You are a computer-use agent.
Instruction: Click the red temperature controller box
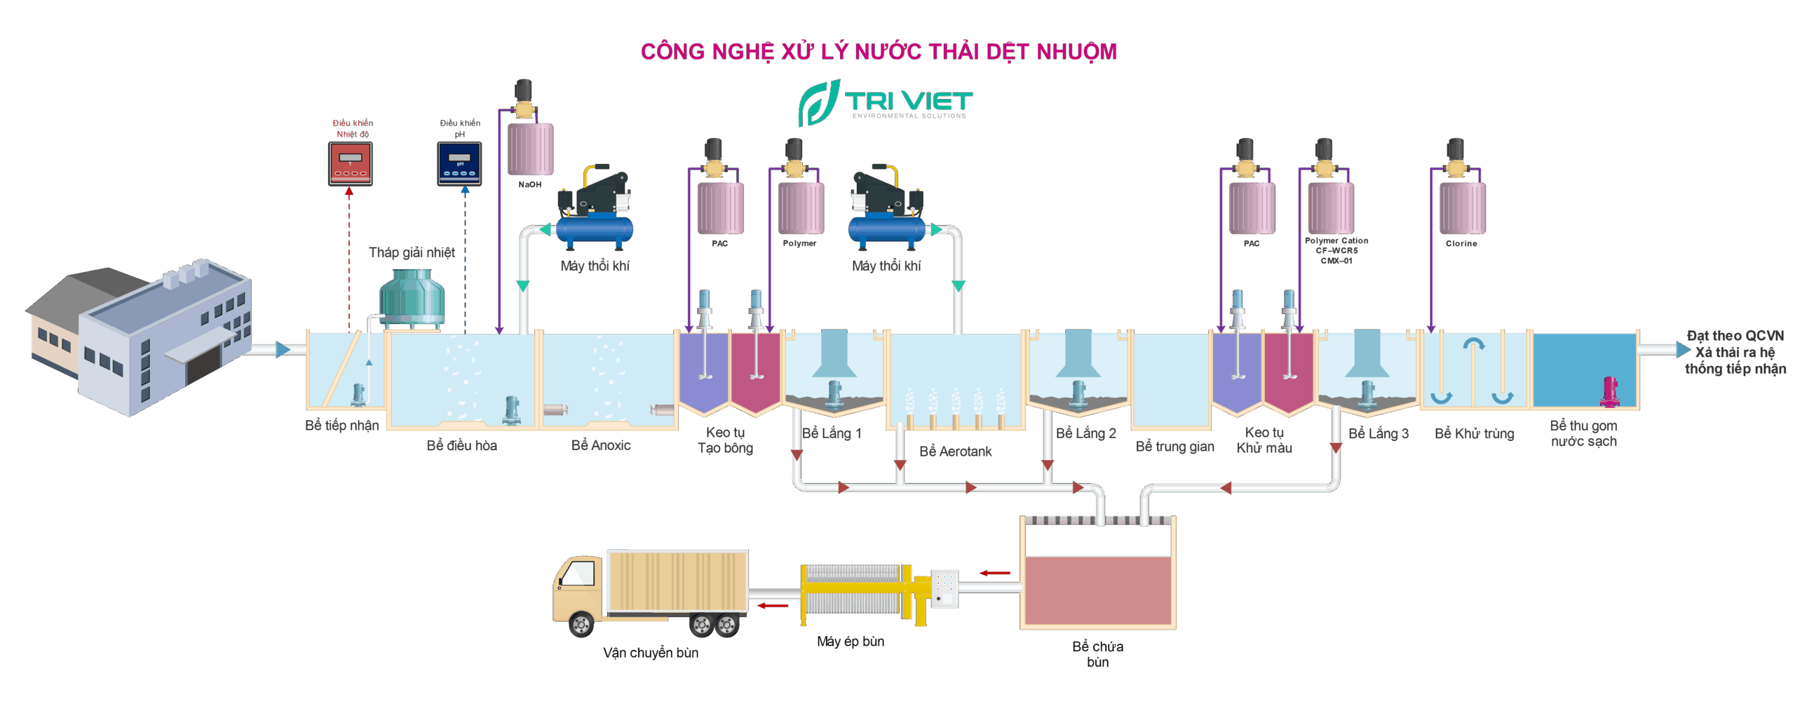pyautogui.click(x=351, y=163)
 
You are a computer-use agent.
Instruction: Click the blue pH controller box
pyautogui.click(x=459, y=163)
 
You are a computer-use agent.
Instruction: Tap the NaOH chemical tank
pyautogui.click(x=530, y=149)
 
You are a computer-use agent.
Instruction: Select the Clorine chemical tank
pyautogui.click(x=1462, y=208)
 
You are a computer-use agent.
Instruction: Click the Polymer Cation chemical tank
pyautogui.click(x=1330, y=208)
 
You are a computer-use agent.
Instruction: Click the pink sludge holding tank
pyautogui.click(x=1097, y=589)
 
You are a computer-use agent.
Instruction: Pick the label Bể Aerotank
pyautogui.click(x=955, y=452)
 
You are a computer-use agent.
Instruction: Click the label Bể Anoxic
pyautogui.click(x=601, y=445)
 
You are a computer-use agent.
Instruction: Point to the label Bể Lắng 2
pyautogui.click(x=1085, y=433)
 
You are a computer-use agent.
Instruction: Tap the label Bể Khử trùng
pyautogui.click(x=1474, y=433)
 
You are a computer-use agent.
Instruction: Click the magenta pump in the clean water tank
pyautogui.click(x=1609, y=391)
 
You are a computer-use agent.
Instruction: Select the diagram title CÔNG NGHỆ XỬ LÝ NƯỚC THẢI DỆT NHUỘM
pyautogui.click(x=879, y=51)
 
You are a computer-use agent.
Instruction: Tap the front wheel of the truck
pyautogui.click(x=580, y=623)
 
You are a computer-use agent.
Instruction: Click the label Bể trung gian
pyautogui.click(x=1174, y=447)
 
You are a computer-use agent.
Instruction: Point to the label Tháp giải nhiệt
pyautogui.click(x=412, y=252)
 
